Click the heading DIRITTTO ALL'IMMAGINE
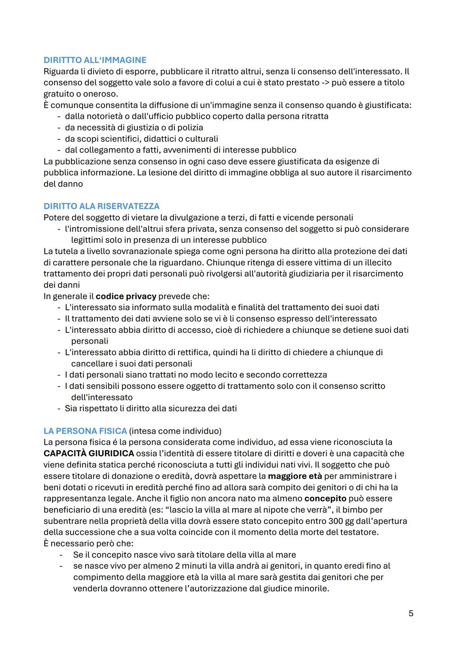click(x=95, y=60)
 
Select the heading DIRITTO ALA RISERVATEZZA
click(x=102, y=206)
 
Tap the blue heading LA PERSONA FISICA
click(x=85, y=431)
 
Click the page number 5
click(x=410, y=613)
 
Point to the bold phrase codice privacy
click(x=126, y=296)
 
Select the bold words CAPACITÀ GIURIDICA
click(x=89, y=453)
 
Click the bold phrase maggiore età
click(x=295, y=476)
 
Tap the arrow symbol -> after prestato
click(x=325, y=82)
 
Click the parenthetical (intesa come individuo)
click(x=175, y=431)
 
